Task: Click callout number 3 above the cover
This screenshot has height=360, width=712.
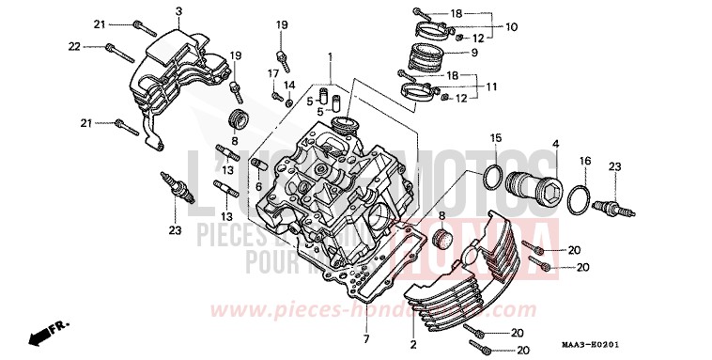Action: coord(178,10)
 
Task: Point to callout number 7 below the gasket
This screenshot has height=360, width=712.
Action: coord(366,338)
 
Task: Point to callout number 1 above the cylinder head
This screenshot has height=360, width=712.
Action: coord(331,58)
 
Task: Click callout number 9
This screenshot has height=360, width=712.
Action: coord(473,53)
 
